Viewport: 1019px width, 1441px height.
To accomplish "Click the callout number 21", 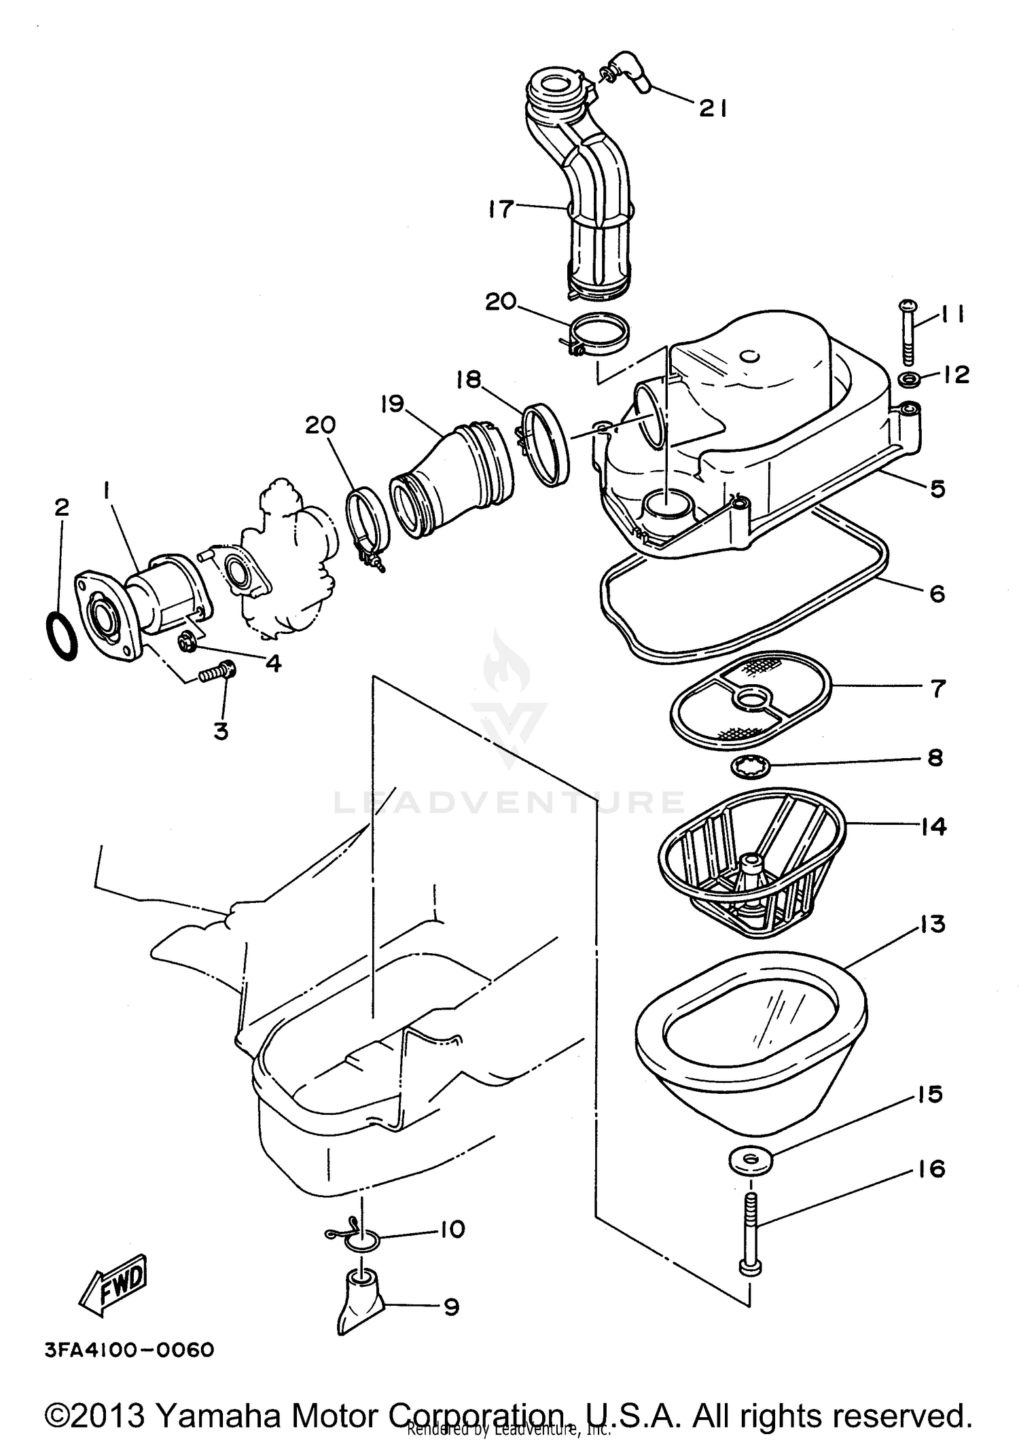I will point(713,108).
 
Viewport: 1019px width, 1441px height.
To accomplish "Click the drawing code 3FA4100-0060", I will point(129,1349).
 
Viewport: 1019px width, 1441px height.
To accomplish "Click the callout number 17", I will point(501,209).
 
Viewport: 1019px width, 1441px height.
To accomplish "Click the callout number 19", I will point(392,404).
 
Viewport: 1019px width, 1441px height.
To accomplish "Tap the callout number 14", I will point(934,827).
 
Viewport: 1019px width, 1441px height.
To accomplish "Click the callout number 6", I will point(937,594).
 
